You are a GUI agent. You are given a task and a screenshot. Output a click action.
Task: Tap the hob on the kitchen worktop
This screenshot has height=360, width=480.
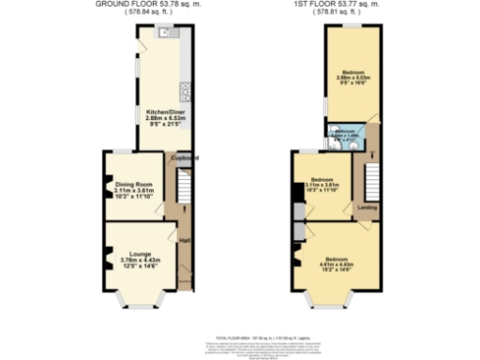[185, 92]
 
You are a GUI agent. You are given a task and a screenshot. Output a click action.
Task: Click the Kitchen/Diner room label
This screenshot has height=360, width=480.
[164, 118]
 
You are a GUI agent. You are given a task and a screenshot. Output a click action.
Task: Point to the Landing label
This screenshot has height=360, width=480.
[367, 208]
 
